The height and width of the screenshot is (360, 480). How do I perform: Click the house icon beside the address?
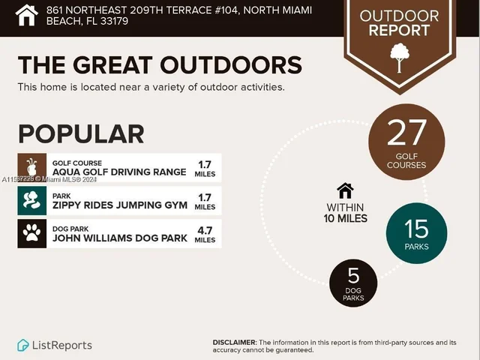(x=27, y=15)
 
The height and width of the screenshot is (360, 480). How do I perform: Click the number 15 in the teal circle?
(x=416, y=227)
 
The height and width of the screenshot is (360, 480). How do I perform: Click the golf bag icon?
(x=31, y=168)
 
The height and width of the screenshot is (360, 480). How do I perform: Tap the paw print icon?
(x=31, y=233)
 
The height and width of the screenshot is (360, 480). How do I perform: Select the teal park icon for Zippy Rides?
(x=31, y=201)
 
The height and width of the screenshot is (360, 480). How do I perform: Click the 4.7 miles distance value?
(x=205, y=229)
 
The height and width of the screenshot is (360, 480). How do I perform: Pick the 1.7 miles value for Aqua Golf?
(x=205, y=164)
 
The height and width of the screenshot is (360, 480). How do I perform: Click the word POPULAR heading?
(x=81, y=133)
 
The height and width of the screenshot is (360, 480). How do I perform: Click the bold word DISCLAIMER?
(x=235, y=342)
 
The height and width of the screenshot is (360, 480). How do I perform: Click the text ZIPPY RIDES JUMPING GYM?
(x=119, y=205)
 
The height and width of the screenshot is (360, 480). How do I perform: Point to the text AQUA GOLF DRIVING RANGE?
(x=119, y=172)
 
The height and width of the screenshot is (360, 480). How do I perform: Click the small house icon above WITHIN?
(x=345, y=190)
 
